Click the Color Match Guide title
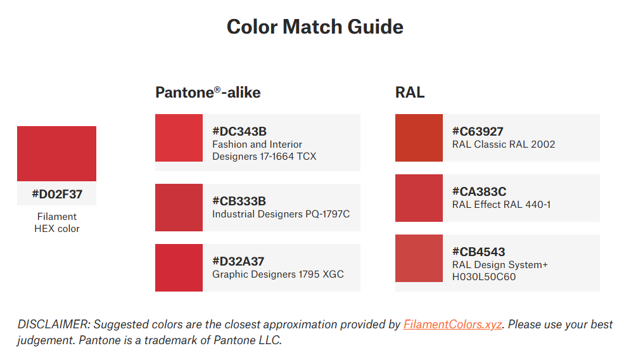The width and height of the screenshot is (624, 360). tap(315, 27)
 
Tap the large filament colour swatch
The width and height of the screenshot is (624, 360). tap(56, 154)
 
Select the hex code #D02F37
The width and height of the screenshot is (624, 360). tap(57, 195)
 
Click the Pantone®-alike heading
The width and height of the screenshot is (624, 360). tap(208, 93)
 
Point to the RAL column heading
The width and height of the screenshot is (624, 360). tap(410, 93)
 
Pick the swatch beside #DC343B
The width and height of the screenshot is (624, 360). tap(179, 138)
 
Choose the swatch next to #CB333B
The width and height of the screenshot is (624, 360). tap(179, 207)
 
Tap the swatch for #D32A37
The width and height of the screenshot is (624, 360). tap(179, 267)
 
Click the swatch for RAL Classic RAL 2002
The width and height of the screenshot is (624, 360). tap(419, 138)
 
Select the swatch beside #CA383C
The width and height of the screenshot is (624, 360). tap(419, 198)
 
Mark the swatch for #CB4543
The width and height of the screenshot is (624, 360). tap(419, 258)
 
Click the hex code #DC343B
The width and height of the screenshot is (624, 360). tap(239, 131)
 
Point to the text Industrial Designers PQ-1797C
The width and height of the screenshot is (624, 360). tap(281, 214)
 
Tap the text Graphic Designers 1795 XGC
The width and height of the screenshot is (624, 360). tap(277, 274)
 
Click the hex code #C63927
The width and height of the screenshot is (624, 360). tap(478, 131)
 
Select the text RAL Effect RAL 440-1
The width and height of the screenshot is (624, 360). tap(502, 205)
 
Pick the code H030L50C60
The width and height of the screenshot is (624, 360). tap(484, 277)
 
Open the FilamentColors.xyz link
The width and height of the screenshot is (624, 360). tap(452, 325)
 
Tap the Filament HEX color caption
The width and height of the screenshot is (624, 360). tap(57, 222)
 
